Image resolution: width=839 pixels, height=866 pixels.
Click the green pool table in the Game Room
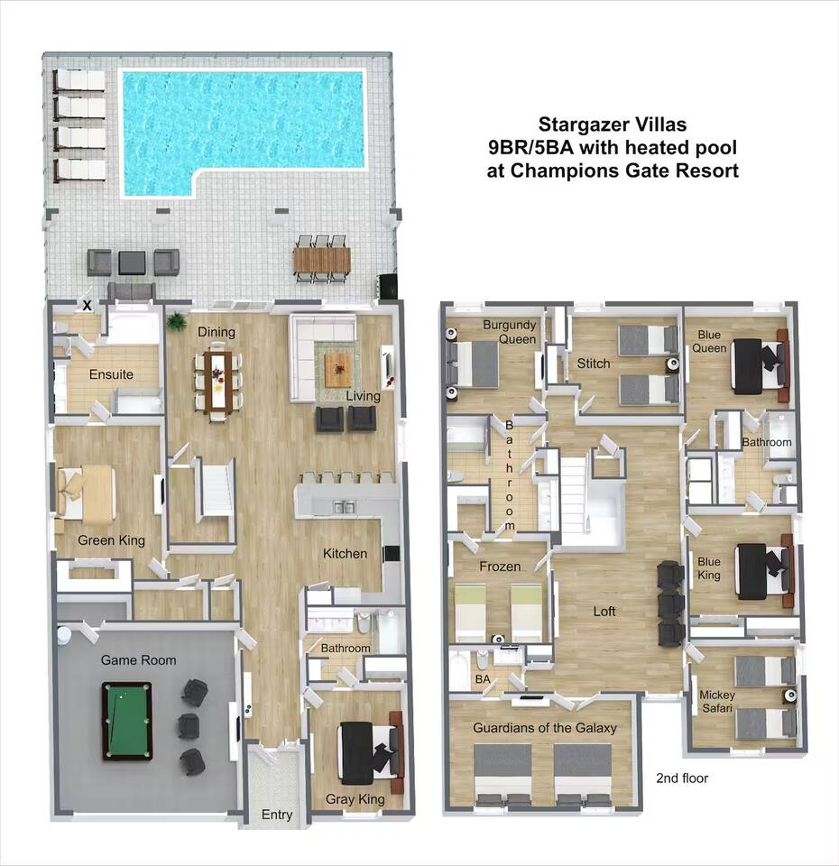(x=126, y=721)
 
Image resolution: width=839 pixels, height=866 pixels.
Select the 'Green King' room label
(x=112, y=540)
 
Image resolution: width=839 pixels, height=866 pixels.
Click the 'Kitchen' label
(x=345, y=553)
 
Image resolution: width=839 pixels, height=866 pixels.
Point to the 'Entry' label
(x=277, y=815)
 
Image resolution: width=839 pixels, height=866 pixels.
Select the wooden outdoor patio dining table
(x=322, y=259)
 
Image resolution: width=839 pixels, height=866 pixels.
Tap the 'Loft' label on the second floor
(x=604, y=611)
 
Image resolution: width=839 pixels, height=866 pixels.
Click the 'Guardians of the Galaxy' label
(x=545, y=728)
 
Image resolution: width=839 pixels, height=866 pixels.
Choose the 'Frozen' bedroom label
(x=500, y=567)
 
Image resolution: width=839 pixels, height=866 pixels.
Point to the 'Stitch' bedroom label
(x=594, y=364)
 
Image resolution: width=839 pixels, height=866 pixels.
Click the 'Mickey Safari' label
(x=717, y=702)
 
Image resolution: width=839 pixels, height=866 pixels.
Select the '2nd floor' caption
(x=682, y=778)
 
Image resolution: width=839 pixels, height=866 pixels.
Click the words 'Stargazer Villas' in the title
(x=613, y=124)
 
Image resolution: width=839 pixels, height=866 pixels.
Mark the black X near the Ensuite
(x=87, y=306)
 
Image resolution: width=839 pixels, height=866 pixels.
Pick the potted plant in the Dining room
(x=176, y=321)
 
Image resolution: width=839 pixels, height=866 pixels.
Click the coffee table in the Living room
(x=337, y=370)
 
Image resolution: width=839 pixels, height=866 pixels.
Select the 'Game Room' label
(x=139, y=660)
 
